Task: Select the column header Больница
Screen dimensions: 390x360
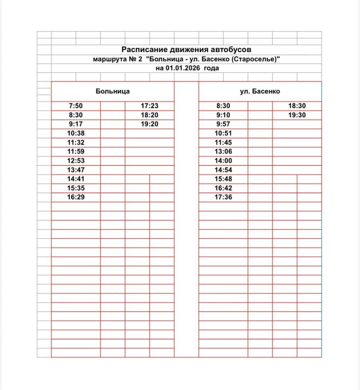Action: point(113,91)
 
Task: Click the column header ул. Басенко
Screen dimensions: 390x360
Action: point(260,91)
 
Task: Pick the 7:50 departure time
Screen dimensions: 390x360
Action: point(76,106)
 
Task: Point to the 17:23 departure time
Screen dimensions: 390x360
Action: point(150,106)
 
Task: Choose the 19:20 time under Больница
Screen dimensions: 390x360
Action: point(150,124)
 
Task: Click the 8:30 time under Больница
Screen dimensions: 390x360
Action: point(76,115)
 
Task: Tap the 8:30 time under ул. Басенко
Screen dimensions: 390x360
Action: point(223,106)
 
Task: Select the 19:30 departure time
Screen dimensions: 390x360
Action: point(297,115)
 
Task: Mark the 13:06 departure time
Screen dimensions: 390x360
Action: point(223,152)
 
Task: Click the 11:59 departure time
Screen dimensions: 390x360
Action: point(76,152)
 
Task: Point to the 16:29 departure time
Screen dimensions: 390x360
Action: point(76,197)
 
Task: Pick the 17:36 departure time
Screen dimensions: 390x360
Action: point(223,197)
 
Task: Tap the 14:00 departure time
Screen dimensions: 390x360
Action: point(223,161)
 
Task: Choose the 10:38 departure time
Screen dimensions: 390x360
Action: point(76,133)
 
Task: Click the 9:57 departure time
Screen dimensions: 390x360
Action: point(223,124)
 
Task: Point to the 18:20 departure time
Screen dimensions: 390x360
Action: point(150,115)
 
